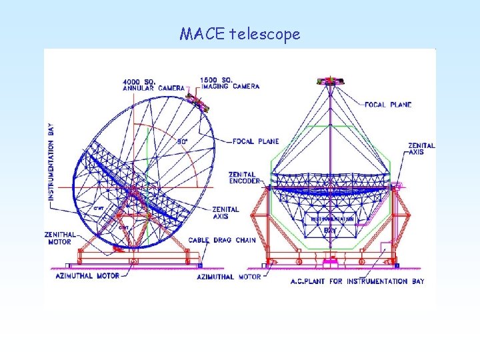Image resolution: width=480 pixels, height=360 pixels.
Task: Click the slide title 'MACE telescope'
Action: (x=239, y=33)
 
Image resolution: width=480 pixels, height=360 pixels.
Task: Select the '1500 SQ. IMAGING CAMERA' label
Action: (x=230, y=83)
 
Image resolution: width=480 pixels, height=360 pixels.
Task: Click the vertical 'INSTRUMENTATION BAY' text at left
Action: (x=52, y=161)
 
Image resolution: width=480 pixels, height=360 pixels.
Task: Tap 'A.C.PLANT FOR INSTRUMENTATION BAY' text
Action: (x=357, y=281)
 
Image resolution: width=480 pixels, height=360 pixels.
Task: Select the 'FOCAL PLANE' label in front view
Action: (x=388, y=105)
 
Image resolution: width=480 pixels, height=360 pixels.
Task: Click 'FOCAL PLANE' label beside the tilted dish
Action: (x=256, y=141)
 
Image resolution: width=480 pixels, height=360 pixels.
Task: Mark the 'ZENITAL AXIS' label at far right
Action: (x=421, y=149)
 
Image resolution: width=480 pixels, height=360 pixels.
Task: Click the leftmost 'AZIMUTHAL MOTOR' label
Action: (x=87, y=275)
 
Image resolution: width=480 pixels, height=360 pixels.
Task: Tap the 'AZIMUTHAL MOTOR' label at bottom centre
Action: (x=229, y=276)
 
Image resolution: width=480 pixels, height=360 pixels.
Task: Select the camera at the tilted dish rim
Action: (x=196, y=101)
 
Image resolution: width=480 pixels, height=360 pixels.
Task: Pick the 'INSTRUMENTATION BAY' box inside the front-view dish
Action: (x=330, y=223)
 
